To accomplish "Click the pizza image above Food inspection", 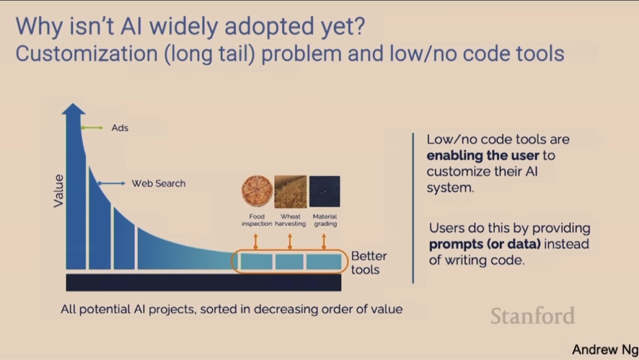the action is tap(256, 191).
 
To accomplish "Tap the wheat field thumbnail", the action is tap(291, 192).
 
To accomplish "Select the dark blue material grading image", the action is tap(324, 192).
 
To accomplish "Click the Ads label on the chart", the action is tap(120, 128).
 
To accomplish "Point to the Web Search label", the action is tap(159, 183).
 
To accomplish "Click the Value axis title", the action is tap(59, 191).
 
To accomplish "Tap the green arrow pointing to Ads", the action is tap(92, 128).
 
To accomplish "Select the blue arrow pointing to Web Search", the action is tap(111, 183).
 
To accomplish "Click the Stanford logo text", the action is tap(533, 316).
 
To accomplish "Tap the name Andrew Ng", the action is tap(605, 349).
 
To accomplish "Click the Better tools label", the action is tap(369, 263).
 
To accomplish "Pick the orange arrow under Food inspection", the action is tap(255, 241).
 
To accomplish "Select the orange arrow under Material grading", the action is tap(324, 241).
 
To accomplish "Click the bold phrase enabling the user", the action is tap(483, 155).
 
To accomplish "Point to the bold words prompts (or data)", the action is tap(484, 245).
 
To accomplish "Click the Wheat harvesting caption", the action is tap(290, 220).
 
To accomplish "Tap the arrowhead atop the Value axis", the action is tap(74, 109).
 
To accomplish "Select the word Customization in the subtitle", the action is tap(86, 54).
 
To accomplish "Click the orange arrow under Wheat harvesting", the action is tap(290, 241).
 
